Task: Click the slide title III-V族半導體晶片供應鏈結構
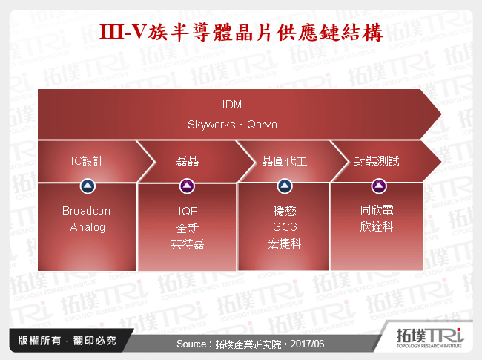[x=241, y=33]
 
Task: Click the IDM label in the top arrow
[x=232, y=104]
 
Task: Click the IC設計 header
[x=88, y=160]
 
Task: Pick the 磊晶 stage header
[x=186, y=160]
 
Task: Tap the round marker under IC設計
[x=88, y=186]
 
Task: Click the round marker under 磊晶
[x=186, y=186]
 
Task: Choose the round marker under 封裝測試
[x=378, y=186]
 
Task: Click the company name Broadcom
[x=88, y=211]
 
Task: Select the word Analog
[x=88, y=227]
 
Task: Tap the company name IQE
[x=186, y=211]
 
